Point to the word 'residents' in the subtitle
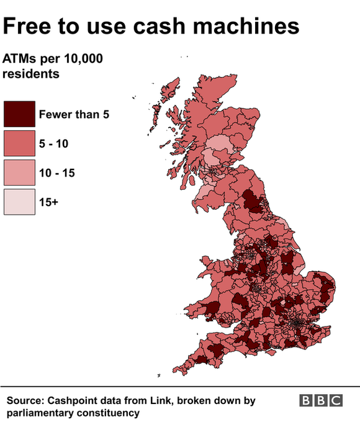point(31,74)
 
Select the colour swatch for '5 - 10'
point(19,143)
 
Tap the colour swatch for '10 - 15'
point(19,173)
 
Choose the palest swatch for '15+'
point(19,202)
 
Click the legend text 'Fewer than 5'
point(74,114)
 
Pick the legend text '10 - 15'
point(56,173)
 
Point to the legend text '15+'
point(48,202)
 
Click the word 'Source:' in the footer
point(27,401)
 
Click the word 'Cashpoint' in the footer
point(76,401)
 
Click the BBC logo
point(321,401)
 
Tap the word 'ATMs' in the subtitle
point(19,60)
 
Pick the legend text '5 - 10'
point(53,143)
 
